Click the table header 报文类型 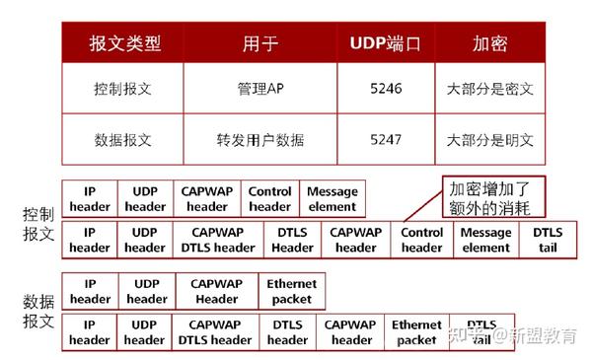coord(124,44)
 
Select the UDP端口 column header coord(386,44)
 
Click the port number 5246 coord(386,90)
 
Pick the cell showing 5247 coord(386,139)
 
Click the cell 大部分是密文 coord(489,90)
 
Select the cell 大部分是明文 coord(489,139)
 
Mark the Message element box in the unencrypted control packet coord(333,199)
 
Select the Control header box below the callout coord(422,240)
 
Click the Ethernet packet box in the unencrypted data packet coord(291,291)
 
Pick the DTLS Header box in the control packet coord(292,240)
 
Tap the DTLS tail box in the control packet coord(549,240)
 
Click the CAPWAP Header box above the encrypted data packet coord(216,291)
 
